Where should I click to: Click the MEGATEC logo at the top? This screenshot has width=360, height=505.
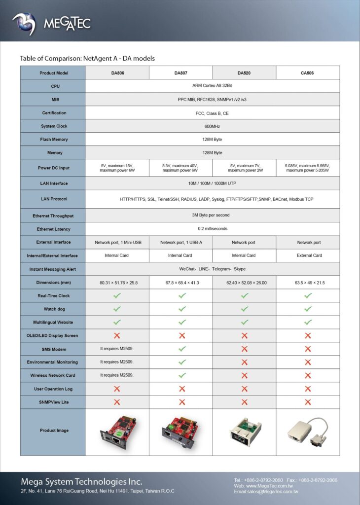click(x=52, y=23)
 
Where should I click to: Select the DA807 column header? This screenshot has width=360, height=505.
click(x=180, y=73)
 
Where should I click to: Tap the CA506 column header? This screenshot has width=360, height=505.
click(x=308, y=73)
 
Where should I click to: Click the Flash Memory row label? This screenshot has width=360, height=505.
click(x=54, y=140)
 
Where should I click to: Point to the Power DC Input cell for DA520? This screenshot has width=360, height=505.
click(x=244, y=168)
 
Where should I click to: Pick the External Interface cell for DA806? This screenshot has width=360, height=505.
click(x=117, y=242)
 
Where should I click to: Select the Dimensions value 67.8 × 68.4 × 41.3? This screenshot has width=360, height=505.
click(x=180, y=283)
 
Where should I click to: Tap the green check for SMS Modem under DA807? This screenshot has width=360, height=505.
click(x=182, y=349)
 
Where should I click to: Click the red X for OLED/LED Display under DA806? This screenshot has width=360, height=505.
click(x=117, y=335)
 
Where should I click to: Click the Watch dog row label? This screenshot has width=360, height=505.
click(x=54, y=309)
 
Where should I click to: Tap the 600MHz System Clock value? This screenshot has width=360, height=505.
click(x=212, y=126)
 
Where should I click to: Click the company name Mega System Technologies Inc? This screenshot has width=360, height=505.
click(x=81, y=481)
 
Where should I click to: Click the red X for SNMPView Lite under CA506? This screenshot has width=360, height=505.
click(x=308, y=402)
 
